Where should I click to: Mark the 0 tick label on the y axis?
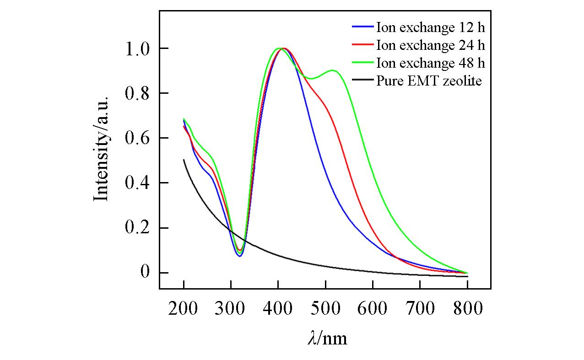[146, 273]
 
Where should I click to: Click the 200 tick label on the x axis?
[184, 309]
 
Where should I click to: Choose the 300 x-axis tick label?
[231, 309]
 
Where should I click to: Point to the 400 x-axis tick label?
[278, 309]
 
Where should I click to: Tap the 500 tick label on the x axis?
[325, 309]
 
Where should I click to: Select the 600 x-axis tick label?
[373, 309]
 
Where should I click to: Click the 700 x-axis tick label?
[420, 309]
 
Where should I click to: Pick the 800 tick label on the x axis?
[467, 309]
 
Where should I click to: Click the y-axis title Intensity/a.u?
[102, 148]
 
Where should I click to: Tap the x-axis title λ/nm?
[327, 339]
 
